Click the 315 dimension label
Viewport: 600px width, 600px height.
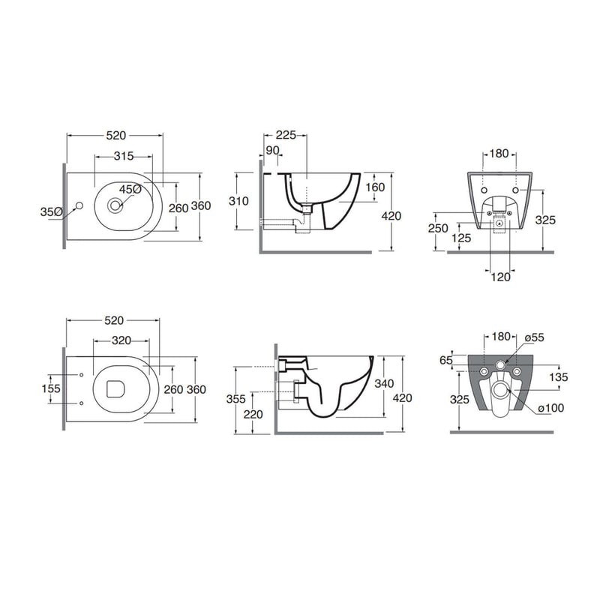[x=124, y=156]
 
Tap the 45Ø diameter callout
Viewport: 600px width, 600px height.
[x=130, y=190]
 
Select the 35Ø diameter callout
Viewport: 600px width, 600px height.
[x=51, y=211]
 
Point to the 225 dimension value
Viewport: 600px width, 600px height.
[x=286, y=135]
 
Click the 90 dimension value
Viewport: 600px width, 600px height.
[x=272, y=151]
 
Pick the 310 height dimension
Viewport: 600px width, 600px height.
[x=238, y=201]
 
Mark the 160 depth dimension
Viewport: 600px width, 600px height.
[x=375, y=187]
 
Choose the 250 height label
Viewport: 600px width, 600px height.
[x=438, y=228]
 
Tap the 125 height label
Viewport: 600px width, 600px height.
[x=461, y=238]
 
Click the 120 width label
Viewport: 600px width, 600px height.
[x=500, y=277]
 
